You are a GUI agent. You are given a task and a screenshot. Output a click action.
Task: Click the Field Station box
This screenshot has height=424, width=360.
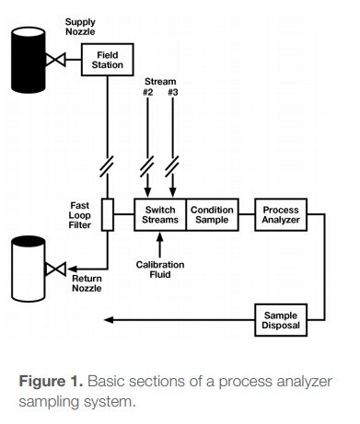point(108,62)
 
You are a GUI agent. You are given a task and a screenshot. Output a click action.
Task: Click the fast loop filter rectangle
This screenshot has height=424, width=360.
point(108,215)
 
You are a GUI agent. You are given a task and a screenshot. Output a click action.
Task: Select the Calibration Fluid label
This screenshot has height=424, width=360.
point(160,269)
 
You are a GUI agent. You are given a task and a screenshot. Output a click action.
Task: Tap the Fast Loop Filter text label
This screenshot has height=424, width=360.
point(80,215)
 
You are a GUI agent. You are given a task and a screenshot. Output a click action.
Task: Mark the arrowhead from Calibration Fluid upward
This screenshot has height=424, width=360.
point(160,238)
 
